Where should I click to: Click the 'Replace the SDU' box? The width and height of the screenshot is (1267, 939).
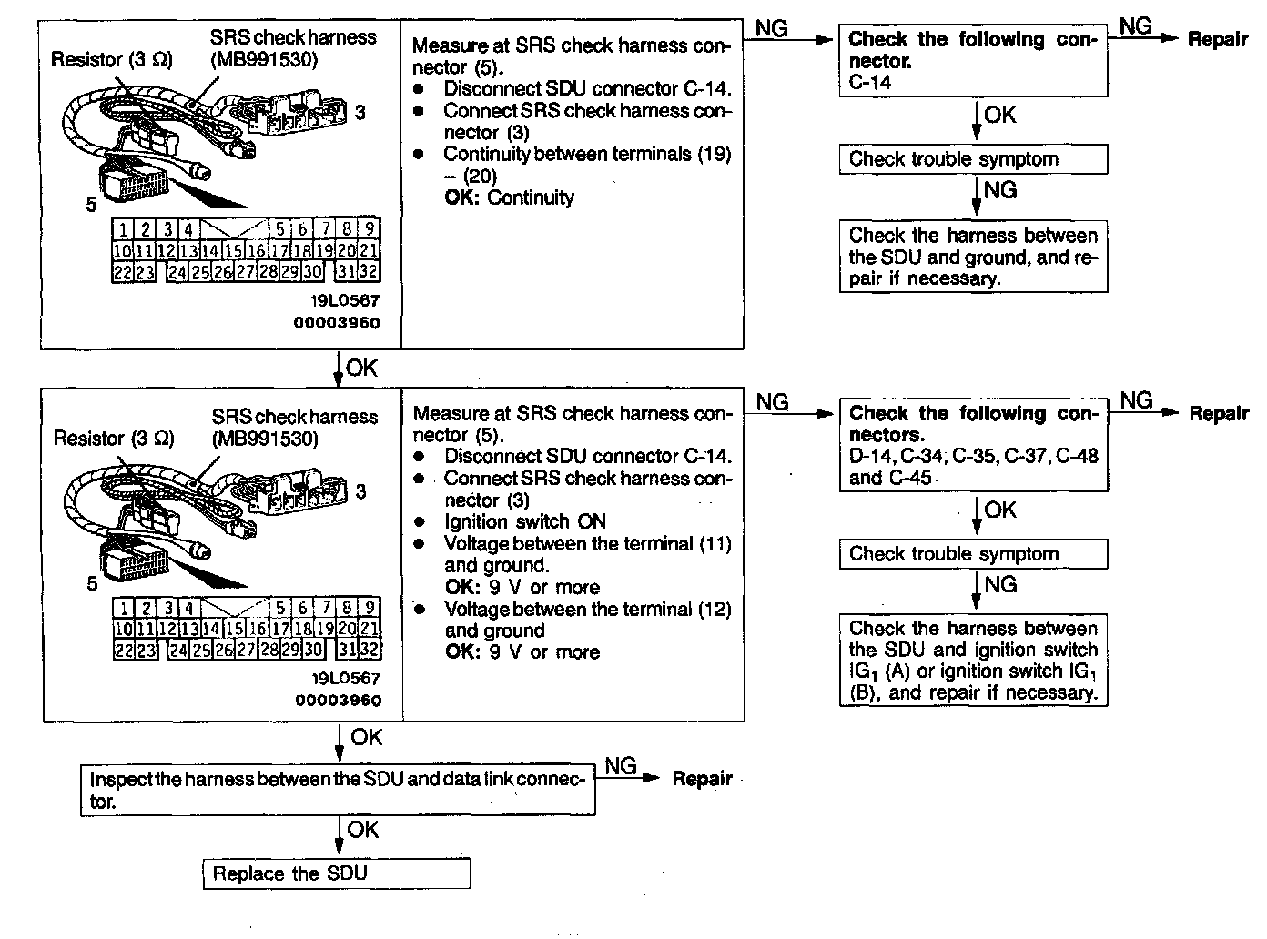[336, 874]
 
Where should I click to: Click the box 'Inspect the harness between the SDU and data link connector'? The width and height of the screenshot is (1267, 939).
[337, 790]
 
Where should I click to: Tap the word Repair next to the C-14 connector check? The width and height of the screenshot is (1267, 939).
[1218, 39]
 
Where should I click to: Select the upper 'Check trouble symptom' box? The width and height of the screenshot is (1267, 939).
[973, 159]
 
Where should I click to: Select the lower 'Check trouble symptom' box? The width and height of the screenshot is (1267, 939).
[973, 554]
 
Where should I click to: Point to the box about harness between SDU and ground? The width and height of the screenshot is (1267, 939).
[973, 257]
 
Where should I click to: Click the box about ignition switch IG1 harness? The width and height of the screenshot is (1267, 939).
[973, 661]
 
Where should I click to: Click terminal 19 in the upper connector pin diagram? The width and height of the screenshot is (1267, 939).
[323, 250]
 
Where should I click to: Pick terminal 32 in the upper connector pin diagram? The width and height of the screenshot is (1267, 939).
[369, 271]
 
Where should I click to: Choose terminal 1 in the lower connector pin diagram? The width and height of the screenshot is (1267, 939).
[124, 608]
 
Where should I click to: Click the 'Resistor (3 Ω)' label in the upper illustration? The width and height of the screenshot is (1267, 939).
[111, 60]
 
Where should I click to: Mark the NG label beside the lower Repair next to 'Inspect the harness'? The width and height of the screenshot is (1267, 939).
[620, 766]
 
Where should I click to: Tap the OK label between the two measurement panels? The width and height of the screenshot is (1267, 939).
[361, 368]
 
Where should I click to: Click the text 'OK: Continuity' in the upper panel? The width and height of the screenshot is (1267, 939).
[509, 197]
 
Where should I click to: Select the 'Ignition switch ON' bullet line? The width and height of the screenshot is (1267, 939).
[524, 522]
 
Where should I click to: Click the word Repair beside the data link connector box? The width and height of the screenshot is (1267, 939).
[702, 779]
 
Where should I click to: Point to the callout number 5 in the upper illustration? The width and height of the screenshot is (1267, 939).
[91, 205]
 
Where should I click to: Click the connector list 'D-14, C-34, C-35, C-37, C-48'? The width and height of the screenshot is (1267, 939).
[973, 456]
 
